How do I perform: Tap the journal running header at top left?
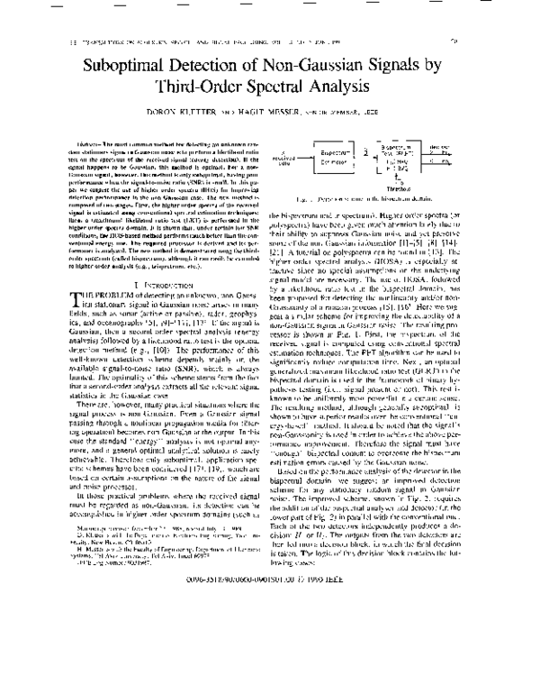(x=180, y=41)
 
